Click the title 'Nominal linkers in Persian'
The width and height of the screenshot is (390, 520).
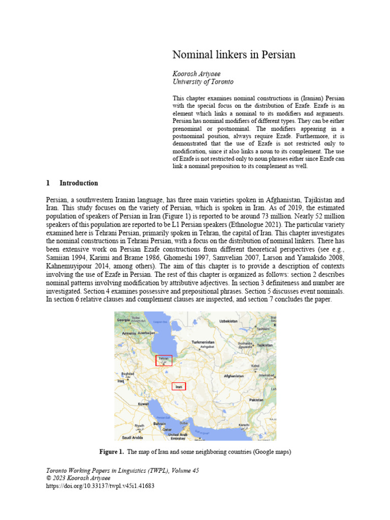(x=234, y=54)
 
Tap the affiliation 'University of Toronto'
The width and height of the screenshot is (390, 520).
(x=203, y=82)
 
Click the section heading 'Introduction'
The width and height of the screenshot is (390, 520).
(x=79, y=183)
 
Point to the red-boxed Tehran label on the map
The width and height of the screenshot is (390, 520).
(x=164, y=360)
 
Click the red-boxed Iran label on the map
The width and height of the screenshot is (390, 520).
(x=178, y=387)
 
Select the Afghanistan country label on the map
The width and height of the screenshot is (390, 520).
(x=234, y=376)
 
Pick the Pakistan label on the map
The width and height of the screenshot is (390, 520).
(x=256, y=400)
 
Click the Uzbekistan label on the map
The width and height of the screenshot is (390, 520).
(x=228, y=321)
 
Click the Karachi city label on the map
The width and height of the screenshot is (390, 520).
(x=244, y=424)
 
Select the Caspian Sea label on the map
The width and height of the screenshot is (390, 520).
(x=160, y=321)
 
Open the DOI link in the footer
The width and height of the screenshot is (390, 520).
(x=100, y=486)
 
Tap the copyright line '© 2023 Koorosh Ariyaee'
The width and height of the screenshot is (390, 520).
(x=78, y=478)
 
